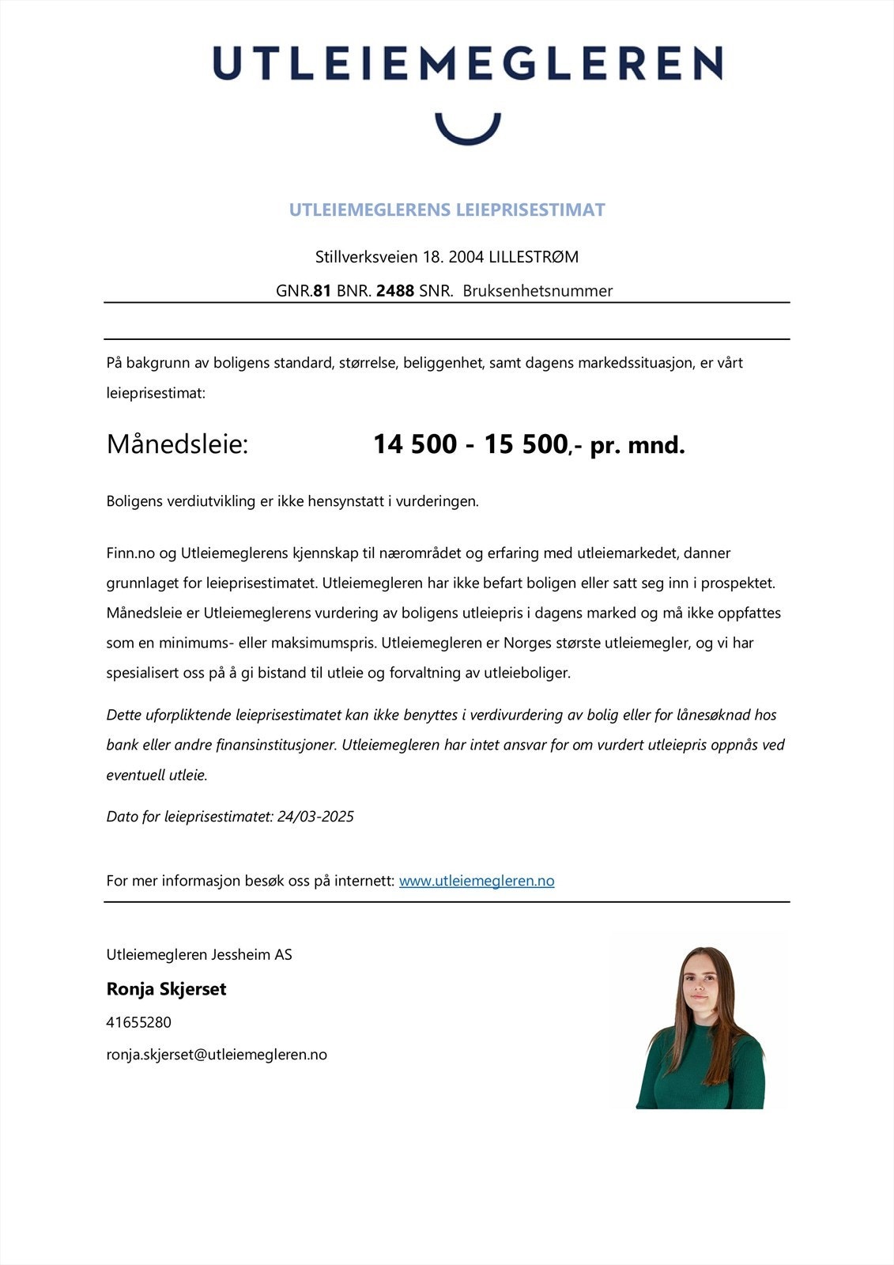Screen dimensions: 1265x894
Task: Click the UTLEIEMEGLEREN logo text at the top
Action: pyautogui.click(x=467, y=62)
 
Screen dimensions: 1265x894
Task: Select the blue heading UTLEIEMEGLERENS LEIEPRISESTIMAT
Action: pyautogui.click(x=447, y=210)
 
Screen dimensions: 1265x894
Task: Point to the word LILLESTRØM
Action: pyautogui.click(x=534, y=257)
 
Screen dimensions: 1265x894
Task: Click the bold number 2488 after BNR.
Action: pyautogui.click(x=395, y=291)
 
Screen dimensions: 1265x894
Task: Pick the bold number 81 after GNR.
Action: pyautogui.click(x=323, y=291)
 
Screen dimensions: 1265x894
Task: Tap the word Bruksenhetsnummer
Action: pyautogui.click(x=538, y=291)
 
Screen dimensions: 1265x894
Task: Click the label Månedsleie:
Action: pyautogui.click(x=177, y=444)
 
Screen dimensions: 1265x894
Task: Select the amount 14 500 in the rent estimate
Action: pyautogui.click(x=415, y=444)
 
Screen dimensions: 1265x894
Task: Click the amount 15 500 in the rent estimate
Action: pyautogui.click(x=526, y=444)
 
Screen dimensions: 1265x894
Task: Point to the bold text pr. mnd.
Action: pyautogui.click(x=637, y=446)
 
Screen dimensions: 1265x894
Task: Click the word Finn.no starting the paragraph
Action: pyautogui.click(x=130, y=553)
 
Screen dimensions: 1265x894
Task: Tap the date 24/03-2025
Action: pyautogui.click(x=315, y=817)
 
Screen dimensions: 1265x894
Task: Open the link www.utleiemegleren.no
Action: pyautogui.click(x=477, y=881)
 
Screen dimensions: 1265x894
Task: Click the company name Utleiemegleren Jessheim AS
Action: pyautogui.click(x=199, y=955)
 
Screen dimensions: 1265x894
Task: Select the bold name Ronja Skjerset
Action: pyautogui.click(x=166, y=989)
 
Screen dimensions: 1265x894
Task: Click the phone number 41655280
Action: pyautogui.click(x=138, y=1022)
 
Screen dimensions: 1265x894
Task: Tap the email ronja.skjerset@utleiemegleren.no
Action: pyautogui.click(x=217, y=1055)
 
